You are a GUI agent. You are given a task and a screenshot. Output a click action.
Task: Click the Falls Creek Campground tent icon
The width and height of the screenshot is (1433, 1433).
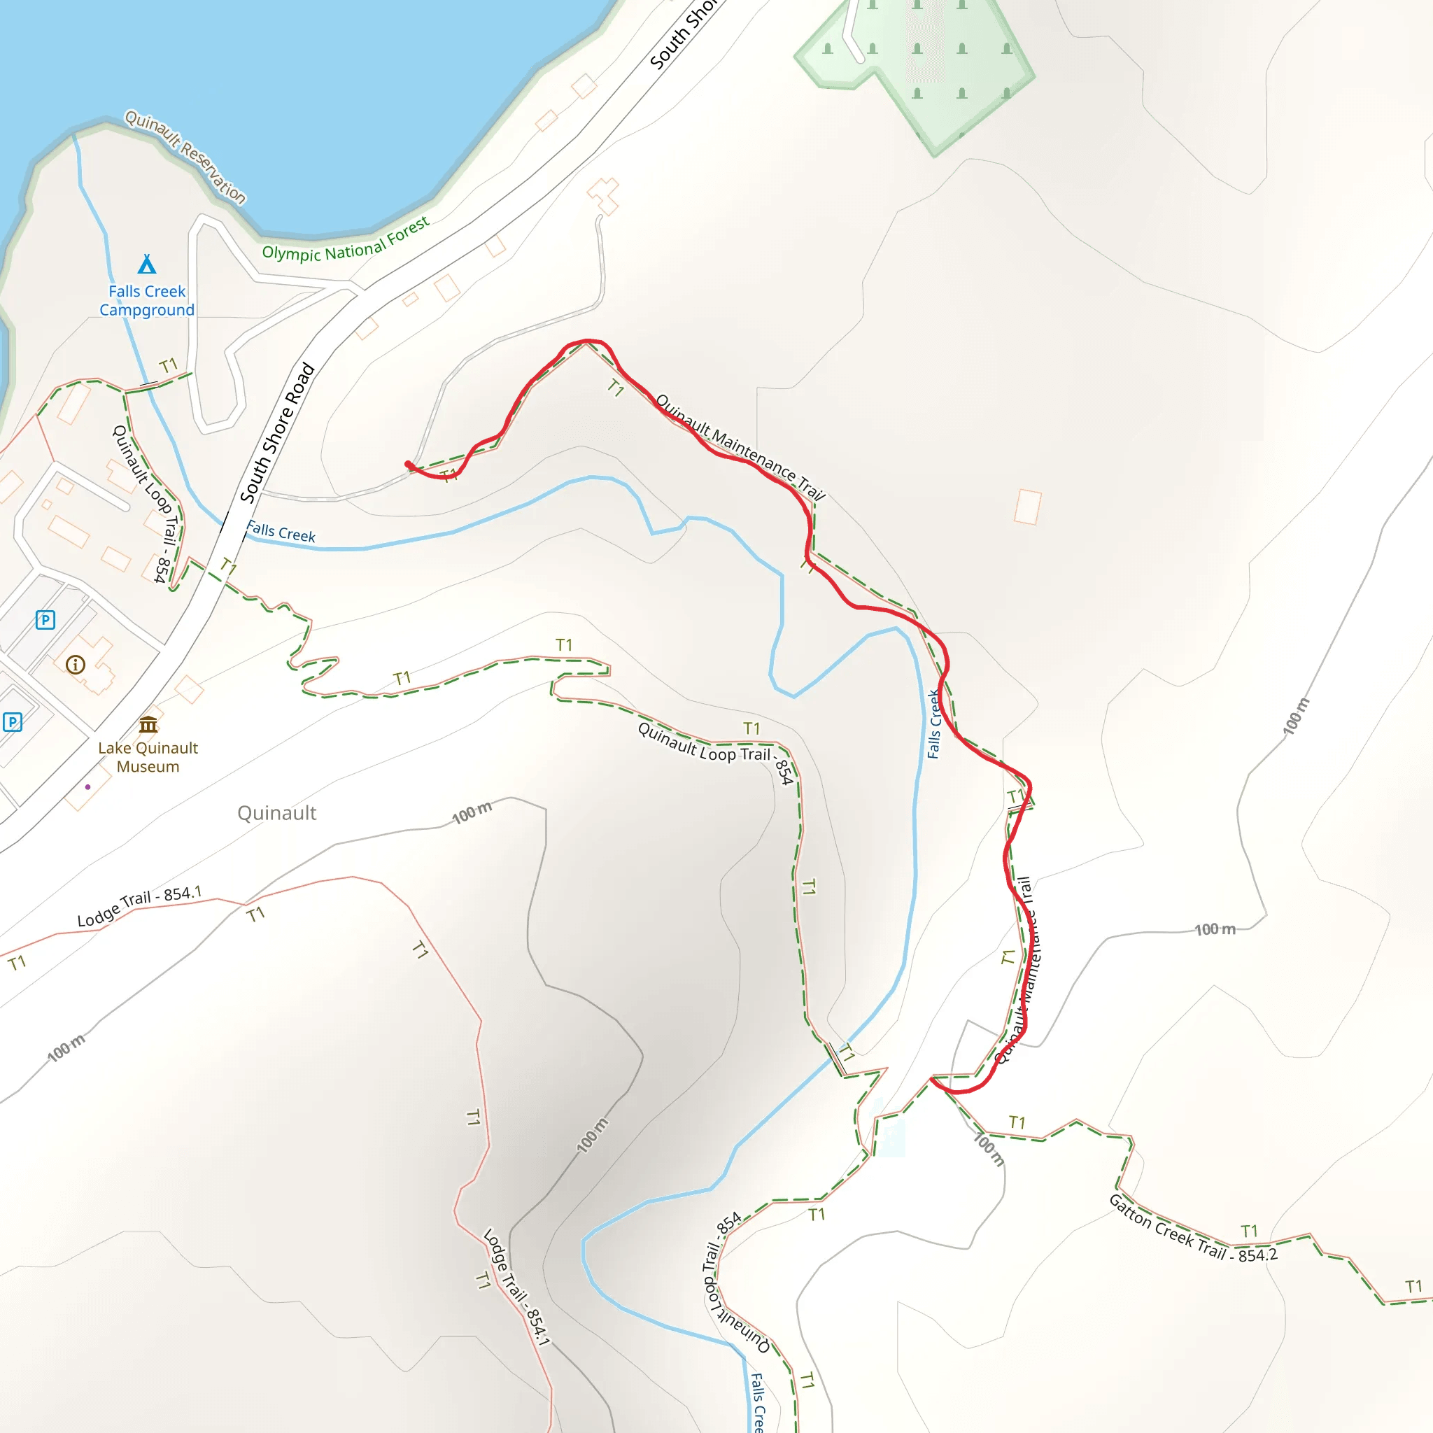pos(147,264)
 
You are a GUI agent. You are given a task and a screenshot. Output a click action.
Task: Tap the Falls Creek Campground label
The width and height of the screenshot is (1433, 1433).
pos(147,300)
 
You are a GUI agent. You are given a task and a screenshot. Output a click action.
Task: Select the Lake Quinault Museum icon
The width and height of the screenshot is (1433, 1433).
pos(148,725)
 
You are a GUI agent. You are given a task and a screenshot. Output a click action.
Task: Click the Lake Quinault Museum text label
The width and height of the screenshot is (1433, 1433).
pos(148,757)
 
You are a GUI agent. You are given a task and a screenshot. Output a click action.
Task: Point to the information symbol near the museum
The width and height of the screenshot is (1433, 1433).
pos(76,665)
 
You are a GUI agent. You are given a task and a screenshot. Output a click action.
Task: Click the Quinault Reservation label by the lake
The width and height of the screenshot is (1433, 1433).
pos(185,157)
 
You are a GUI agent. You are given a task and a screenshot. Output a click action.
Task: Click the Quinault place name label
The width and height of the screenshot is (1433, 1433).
pos(276,814)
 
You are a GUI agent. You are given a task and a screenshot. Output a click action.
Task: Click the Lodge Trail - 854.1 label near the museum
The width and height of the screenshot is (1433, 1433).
pos(139,906)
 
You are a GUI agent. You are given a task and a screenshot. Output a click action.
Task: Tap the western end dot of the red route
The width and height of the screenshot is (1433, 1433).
pos(408,465)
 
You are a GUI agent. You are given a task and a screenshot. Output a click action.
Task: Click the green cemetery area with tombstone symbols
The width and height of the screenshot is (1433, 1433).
pos(927,66)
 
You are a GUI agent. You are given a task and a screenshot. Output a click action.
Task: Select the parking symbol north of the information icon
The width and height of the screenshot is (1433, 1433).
pos(45,619)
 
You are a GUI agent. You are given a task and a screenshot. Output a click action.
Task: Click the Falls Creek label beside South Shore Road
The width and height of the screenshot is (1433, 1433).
pos(281,532)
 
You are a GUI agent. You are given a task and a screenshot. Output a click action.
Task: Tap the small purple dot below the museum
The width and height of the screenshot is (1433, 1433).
pos(87,787)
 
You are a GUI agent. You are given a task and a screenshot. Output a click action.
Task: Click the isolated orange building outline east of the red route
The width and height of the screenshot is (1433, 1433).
pos(1027,507)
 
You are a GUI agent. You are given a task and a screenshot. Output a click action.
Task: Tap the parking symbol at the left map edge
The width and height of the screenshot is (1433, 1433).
pos(12,721)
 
